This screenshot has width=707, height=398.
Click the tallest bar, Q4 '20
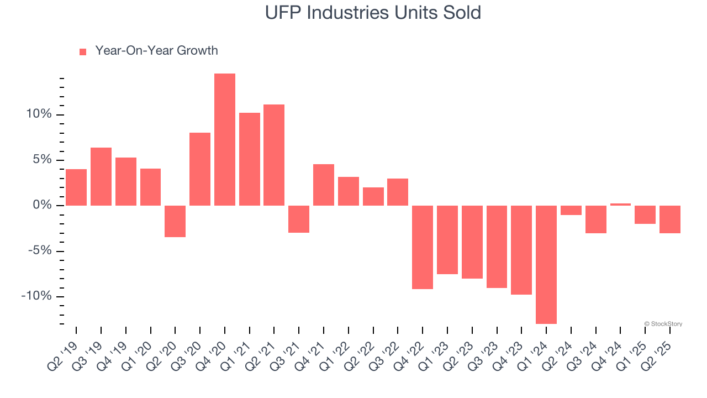225,139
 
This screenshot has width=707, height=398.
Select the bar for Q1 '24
546,264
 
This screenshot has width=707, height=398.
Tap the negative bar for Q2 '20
175,221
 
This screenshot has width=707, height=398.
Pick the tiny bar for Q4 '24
620,205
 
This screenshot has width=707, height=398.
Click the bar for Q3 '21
299,219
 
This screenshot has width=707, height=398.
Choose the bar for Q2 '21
274,155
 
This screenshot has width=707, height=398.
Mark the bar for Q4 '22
423,247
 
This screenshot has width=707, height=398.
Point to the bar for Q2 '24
571,210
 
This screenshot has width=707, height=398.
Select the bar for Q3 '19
101,176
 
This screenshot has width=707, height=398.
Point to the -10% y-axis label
36,296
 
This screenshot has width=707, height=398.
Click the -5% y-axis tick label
39,251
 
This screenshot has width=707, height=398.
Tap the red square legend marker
83,51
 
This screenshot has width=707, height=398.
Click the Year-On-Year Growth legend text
156,51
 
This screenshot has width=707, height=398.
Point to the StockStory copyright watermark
663,324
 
